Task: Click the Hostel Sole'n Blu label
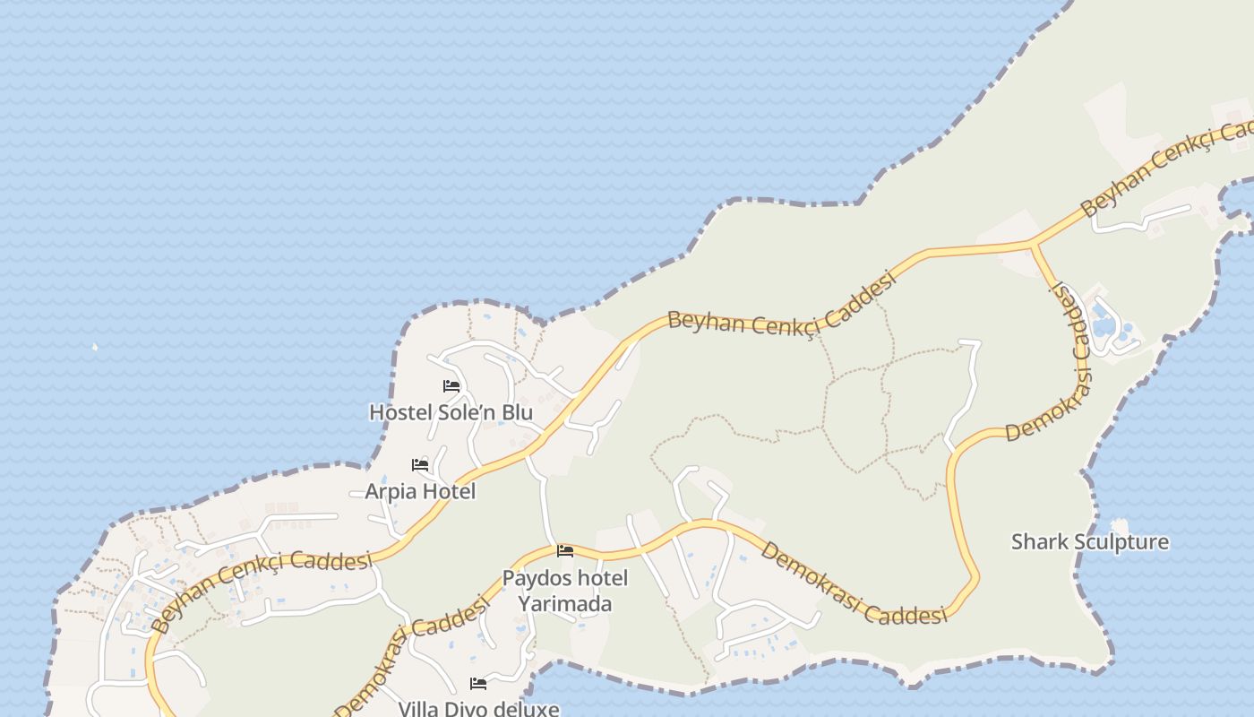point(451,413)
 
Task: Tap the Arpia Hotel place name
point(420,492)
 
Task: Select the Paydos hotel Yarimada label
point(564,591)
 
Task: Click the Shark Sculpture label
point(1089,542)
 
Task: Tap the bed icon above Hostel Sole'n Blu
point(451,386)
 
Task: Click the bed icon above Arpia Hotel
point(420,465)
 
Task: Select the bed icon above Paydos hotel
point(565,550)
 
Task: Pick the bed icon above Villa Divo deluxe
point(478,684)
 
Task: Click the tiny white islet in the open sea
point(95,347)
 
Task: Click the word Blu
point(516,413)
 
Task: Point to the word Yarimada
point(564,604)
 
